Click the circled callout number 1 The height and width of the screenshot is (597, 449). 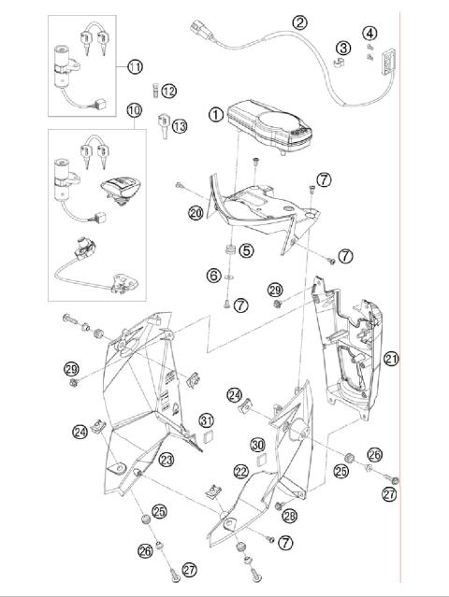click(x=216, y=116)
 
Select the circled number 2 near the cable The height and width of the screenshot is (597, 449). click(x=299, y=22)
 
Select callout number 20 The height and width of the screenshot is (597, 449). click(x=195, y=213)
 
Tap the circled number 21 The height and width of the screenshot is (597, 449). click(x=391, y=359)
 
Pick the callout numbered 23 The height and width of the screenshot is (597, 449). click(x=166, y=460)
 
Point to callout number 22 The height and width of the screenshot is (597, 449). click(x=241, y=474)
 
